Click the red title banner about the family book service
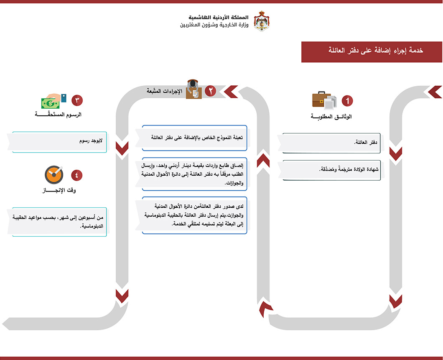(372, 51)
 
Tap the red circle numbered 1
(347, 101)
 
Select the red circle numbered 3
(77, 100)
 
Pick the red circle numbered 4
(76, 175)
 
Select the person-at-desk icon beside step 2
(193, 89)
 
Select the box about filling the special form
(194, 138)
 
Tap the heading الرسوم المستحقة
(59, 114)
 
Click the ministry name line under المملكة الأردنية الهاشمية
(214, 25)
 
